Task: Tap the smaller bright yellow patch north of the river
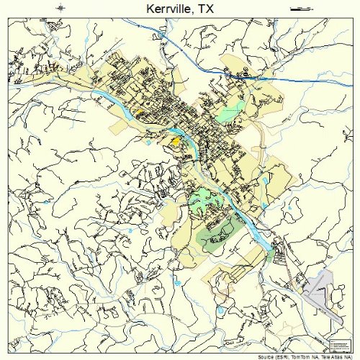(x=139, y=113)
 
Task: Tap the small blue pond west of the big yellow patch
(x=148, y=142)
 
